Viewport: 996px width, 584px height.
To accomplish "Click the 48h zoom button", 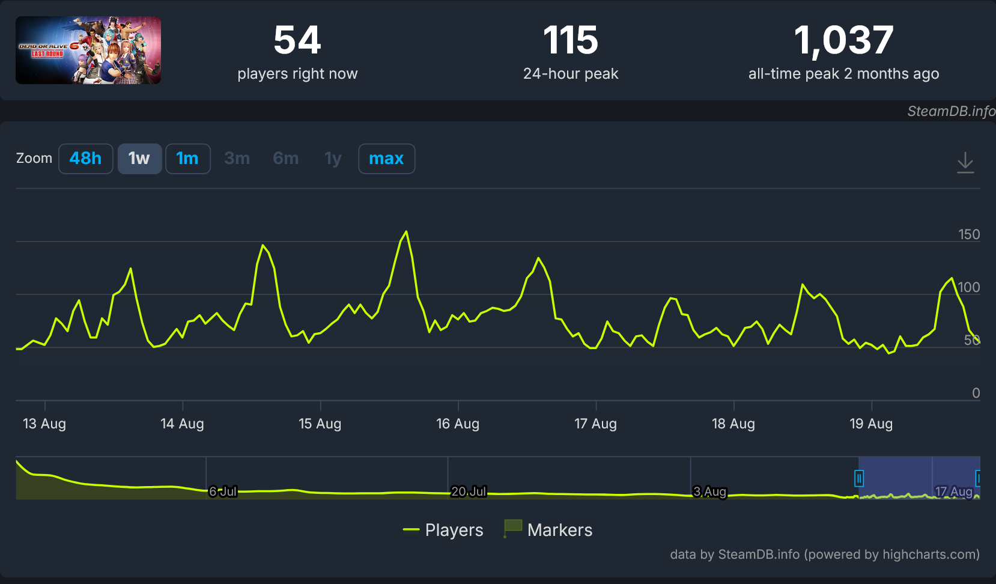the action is [85, 159].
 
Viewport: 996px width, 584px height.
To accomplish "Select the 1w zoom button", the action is [139, 159].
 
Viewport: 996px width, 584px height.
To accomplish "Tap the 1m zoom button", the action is [187, 159].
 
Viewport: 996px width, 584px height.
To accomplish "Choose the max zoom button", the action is [386, 159].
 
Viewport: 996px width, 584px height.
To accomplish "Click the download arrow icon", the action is [965, 163].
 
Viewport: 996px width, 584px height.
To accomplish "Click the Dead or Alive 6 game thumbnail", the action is [88, 50].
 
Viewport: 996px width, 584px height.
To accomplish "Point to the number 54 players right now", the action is [297, 40].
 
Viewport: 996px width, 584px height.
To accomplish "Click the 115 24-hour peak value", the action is [571, 40].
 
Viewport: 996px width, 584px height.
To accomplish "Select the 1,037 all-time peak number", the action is [843, 41].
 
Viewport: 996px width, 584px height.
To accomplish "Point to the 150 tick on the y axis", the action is [969, 234].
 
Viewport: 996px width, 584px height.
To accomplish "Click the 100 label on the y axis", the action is [969, 287].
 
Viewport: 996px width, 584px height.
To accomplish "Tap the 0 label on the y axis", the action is [976, 393].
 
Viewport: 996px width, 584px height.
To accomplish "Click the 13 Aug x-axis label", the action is [44, 424].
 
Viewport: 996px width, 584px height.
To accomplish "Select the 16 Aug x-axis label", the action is [458, 424].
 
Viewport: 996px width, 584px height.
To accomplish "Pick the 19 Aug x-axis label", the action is [871, 424].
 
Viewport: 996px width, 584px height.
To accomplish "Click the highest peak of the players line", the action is [407, 231].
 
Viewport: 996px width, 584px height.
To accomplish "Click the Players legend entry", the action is [443, 530].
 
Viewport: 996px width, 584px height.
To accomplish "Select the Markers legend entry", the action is [548, 530].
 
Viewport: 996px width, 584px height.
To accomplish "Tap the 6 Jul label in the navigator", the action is [223, 491].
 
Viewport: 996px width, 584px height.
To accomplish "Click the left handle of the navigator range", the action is [859, 479].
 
